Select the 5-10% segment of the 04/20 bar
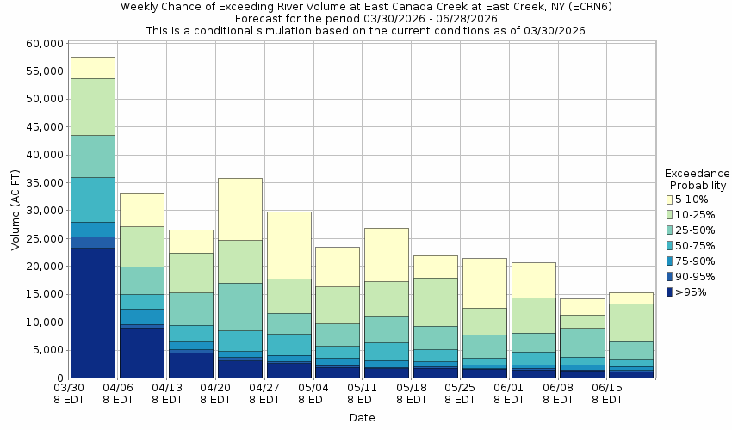coord(240,209)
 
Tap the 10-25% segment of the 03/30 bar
coord(93,107)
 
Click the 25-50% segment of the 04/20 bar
coord(240,307)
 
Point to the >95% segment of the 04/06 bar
coord(142,353)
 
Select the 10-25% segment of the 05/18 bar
coord(436,302)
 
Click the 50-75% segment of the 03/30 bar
coord(93,200)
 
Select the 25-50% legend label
coord(695,230)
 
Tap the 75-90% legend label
coord(695,261)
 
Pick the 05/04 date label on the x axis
coord(314,389)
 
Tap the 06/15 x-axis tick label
coord(608,389)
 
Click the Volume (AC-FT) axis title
coord(16,211)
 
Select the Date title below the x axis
coord(362,418)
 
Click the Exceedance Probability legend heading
coord(698,179)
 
